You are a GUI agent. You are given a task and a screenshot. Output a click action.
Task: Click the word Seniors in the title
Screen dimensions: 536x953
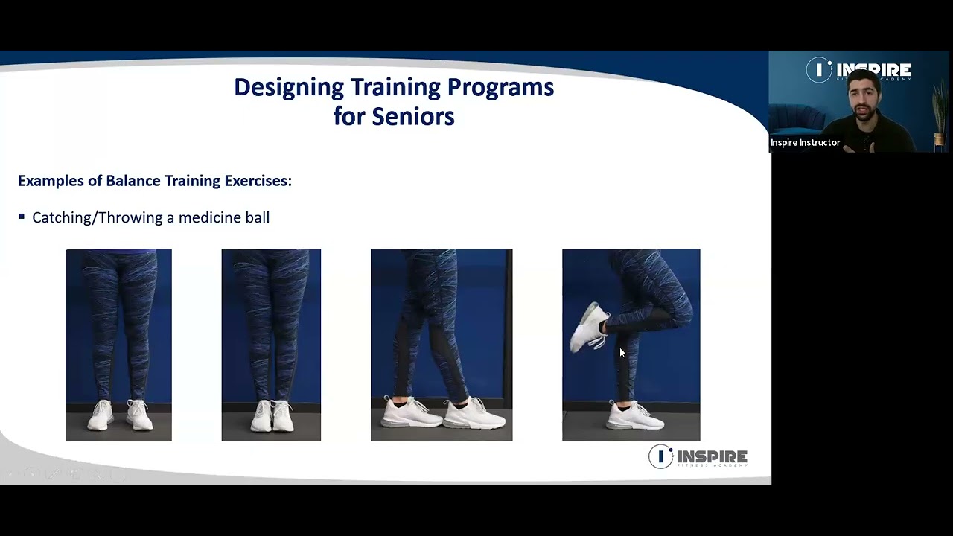click(x=413, y=117)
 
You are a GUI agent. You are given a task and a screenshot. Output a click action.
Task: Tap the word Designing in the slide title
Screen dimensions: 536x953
click(x=289, y=88)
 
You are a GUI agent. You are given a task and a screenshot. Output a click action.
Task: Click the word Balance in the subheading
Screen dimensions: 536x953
click(x=133, y=181)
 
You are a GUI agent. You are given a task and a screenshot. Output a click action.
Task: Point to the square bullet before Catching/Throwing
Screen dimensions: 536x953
click(x=22, y=217)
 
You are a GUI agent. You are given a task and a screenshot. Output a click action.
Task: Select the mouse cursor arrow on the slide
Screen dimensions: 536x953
click(x=622, y=353)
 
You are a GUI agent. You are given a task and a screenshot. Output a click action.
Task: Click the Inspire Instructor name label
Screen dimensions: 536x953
click(x=805, y=143)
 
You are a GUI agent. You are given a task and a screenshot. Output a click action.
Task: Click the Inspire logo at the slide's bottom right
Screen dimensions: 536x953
click(x=698, y=456)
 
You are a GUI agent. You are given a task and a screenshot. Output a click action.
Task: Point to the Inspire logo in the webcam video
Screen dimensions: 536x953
click(x=858, y=70)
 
